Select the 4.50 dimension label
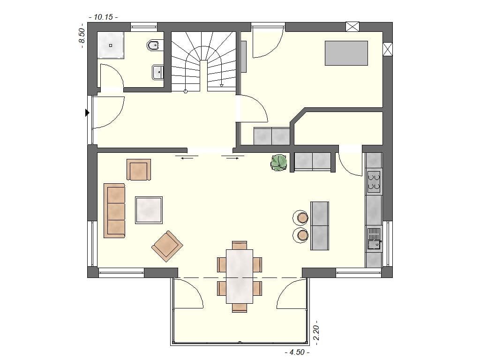coord(297,352)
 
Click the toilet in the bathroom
coord(153,45)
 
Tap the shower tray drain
coord(111,45)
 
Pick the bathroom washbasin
coord(158,72)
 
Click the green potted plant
coord(279,162)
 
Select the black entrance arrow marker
coord(87,112)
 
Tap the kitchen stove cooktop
coord(374,182)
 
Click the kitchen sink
coord(374,239)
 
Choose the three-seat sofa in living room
coord(114,210)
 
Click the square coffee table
coord(149,210)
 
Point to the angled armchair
coord(167,246)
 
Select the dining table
coord(240,276)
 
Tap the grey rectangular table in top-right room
coord(346,52)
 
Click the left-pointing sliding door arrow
coord(186,158)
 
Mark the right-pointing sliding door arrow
coord(232,158)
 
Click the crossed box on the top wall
coord(352,26)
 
